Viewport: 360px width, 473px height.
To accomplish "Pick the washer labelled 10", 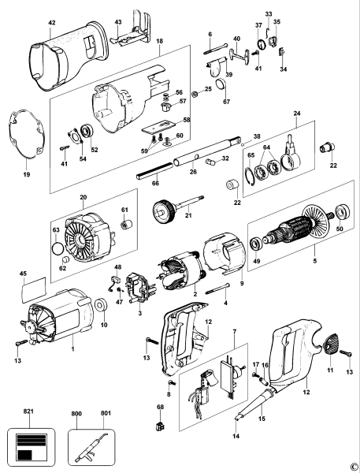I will (102, 305).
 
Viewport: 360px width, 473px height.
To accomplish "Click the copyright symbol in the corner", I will (354, 466).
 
